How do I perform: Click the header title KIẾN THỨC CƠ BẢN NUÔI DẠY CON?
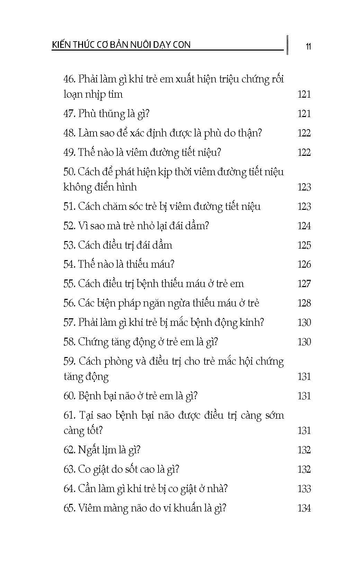pyautogui.click(x=121, y=45)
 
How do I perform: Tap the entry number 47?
pyautogui.click(x=69, y=114)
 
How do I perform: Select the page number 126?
pyautogui.click(x=304, y=265)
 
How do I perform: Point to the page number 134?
pyautogui.click(x=304, y=508)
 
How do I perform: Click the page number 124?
pyautogui.click(x=304, y=226)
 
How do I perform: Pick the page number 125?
pyautogui.click(x=304, y=246)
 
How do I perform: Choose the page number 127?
pyautogui.click(x=304, y=284)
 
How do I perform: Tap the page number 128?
pyautogui.click(x=304, y=303)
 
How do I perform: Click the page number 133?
pyautogui.click(x=304, y=489)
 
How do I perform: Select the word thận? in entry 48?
pyautogui.click(x=250, y=133)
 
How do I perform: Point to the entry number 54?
pyautogui.click(x=69, y=265)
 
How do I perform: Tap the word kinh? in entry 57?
pyautogui.click(x=252, y=323)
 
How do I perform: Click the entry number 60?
pyautogui.click(x=69, y=396)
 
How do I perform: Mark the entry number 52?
pyautogui.click(x=69, y=226)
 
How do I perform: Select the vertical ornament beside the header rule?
pyautogui.click(x=287, y=45)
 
